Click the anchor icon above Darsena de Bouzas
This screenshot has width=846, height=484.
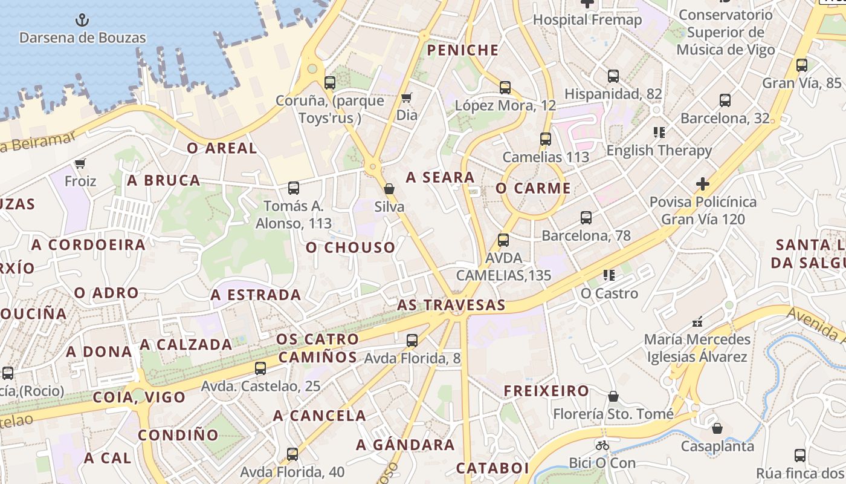click(x=82, y=21)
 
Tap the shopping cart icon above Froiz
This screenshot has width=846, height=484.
click(x=80, y=163)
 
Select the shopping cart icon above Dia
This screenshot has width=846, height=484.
click(x=407, y=97)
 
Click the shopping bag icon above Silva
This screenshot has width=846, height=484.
click(x=389, y=189)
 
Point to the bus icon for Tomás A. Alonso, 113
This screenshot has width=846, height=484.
click(x=294, y=188)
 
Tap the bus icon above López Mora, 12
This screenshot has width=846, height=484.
click(x=505, y=88)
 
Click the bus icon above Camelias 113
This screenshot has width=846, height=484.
click(x=546, y=139)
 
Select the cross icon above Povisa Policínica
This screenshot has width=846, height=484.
click(x=702, y=183)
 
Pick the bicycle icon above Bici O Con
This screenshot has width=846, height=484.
click(x=602, y=445)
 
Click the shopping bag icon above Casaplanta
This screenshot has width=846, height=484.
click(x=717, y=428)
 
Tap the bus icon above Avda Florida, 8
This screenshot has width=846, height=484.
click(x=412, y=341)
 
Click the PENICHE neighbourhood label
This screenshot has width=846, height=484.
click(x=463, y=50)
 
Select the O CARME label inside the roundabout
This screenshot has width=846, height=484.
click(x=533, y=188)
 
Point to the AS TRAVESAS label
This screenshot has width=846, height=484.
click(x=451, y=305)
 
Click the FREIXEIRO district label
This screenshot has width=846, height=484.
click(x=547, y=391)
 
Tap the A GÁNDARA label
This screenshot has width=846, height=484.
click(x=405, y=445)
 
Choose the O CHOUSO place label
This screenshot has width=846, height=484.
click(x=350, y=247)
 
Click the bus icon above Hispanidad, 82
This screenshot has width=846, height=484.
click(x=613, y=76)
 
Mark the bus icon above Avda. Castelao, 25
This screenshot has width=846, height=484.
click(x=260, y=368)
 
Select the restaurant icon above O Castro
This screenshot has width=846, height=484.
click(x=609, y=276)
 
